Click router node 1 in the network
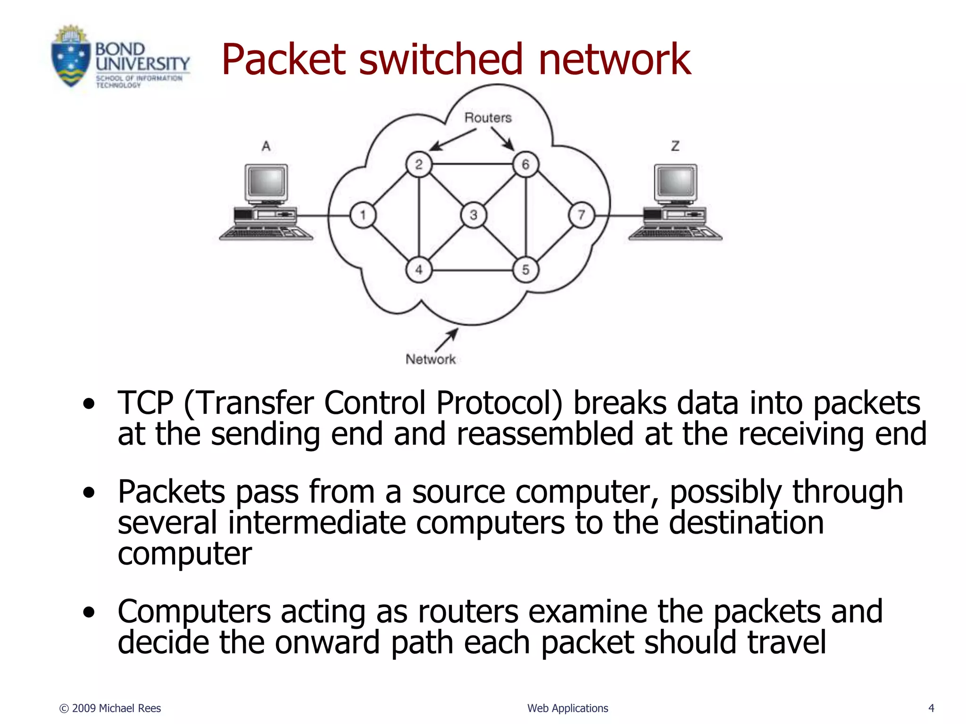pos(363,215)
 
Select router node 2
pos(418,165)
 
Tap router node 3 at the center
pos(473,215)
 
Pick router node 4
pos(418,270)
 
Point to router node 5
pos(525,270)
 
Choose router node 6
pos(525,165)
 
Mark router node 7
pos(582,215)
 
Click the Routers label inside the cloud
pos(488,118)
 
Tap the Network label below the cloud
pos(431,360)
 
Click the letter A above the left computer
pos(266,147)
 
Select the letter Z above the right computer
pos(675,146)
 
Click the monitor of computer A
pos(266,181)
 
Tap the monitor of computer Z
pos(675,181)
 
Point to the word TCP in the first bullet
pos(145,403)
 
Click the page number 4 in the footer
pos(931,708)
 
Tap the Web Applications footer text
pos(567,708)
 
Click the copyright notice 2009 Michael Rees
pos(110,708)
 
